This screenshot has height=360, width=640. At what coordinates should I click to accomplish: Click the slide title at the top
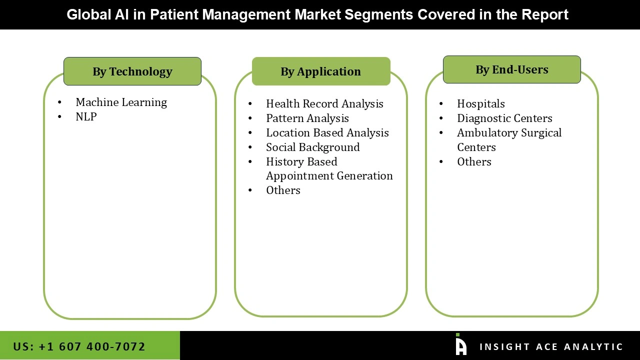317,14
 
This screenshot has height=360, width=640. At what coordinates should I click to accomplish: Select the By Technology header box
132,71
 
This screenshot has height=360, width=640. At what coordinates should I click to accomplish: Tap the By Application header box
320,71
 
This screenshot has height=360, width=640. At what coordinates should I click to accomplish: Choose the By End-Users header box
511,69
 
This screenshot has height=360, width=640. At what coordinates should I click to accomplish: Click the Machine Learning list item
121,102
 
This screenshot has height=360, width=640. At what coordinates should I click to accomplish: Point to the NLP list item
86,116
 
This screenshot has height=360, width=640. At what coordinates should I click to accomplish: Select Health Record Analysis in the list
324,104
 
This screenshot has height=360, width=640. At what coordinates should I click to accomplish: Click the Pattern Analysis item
307,118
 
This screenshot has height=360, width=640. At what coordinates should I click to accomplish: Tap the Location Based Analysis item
327,133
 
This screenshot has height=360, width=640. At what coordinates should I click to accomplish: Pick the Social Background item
312,147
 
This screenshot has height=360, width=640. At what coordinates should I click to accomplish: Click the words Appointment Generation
329,176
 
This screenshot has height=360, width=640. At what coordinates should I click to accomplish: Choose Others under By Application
283,190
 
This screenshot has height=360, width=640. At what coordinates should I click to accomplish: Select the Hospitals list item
480,104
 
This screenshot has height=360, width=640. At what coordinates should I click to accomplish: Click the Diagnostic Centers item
504,118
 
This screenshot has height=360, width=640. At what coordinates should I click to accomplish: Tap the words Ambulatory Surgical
509,133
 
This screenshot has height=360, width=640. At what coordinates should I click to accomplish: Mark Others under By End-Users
474,162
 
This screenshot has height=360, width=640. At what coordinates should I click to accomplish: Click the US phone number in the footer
79,346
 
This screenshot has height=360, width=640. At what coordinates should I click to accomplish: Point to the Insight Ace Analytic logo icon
460,345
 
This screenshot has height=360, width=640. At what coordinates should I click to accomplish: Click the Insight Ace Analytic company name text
551,347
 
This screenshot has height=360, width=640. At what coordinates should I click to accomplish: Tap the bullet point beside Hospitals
441,104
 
